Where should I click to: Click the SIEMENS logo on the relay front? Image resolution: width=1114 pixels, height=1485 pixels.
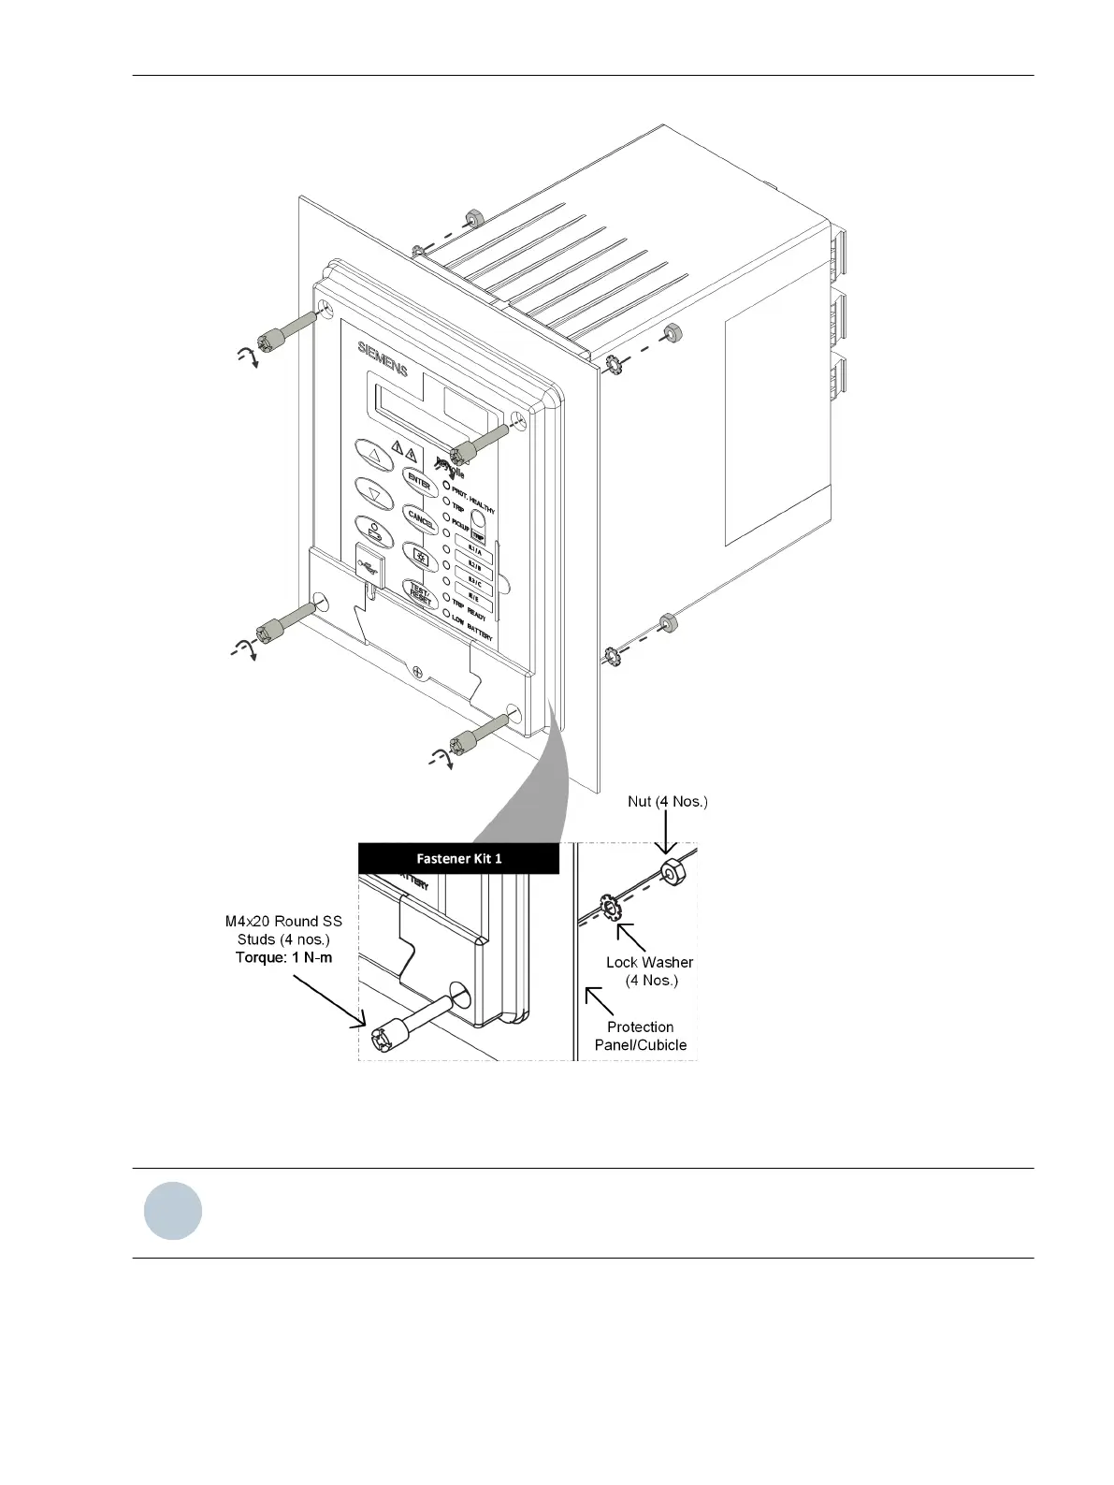click(x=383, y=359)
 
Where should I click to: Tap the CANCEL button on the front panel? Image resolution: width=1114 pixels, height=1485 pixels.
click(x=420, y=518)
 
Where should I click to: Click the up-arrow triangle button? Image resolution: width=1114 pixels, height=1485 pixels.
click(x=373, y=457)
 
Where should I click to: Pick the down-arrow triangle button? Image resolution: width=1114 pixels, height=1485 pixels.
click(x=373, y=492)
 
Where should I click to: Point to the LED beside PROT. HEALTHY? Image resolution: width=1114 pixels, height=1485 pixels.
click(x=446, y=487)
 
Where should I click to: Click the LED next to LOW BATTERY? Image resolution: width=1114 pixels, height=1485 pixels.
click(x=446, y=613)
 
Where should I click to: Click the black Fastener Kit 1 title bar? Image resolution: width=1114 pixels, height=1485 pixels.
click(x=458, y=858)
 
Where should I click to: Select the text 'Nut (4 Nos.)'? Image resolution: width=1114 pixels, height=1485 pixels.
click(x=667, y=802)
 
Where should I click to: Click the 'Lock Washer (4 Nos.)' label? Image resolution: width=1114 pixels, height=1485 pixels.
click(x=650, y=971)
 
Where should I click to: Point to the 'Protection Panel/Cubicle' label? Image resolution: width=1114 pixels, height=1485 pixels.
click(x=641, y=1036)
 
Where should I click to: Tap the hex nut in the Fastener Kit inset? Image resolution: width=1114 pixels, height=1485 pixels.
click(x=671, y=873)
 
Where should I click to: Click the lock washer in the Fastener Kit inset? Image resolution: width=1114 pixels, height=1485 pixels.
click(x=609, y=908)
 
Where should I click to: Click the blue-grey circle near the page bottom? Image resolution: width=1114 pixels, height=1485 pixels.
click(x=173, y=1212)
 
